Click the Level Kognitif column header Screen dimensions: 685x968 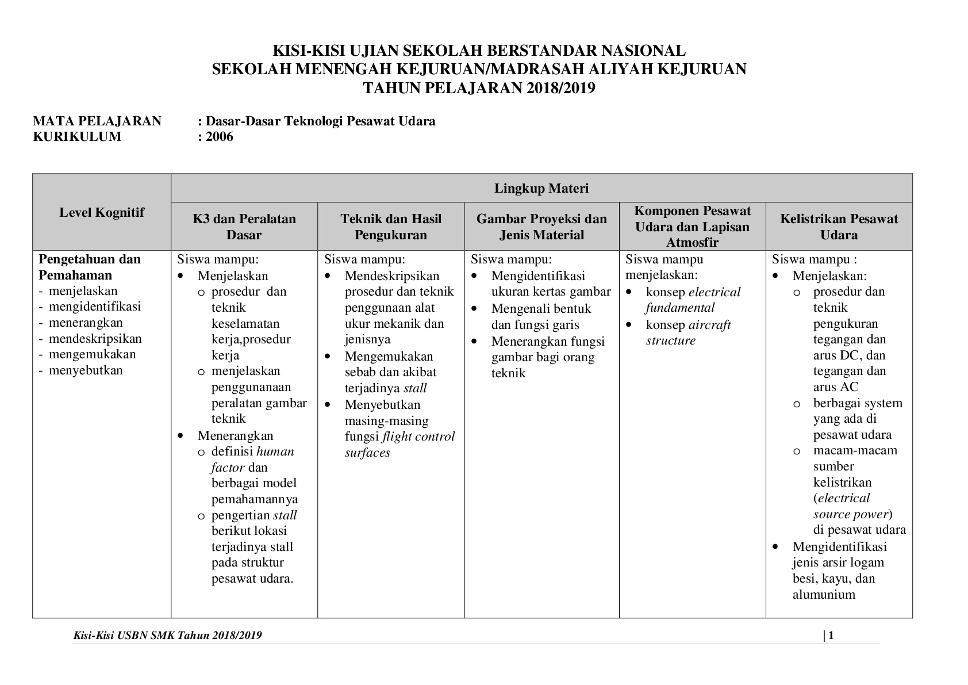(x=102, y=212)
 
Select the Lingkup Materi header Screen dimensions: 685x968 (x=541, y=188)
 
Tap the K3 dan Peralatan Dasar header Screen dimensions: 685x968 (x=244, y=227)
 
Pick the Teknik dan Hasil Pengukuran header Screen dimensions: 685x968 (x=391, y=227)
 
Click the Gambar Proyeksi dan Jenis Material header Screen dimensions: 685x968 (x=541, y=227)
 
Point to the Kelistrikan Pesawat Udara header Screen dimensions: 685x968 (x=839, y=227)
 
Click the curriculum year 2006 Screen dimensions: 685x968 (x=220, y=137)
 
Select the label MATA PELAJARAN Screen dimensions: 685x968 (x=97, y=121)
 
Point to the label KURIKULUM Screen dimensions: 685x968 (x=77, y=137)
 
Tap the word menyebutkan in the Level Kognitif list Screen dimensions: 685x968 (x=86, y=370)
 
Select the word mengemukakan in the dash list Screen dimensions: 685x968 (x=92, y=354)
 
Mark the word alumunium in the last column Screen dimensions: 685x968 (x=824, y=595)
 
